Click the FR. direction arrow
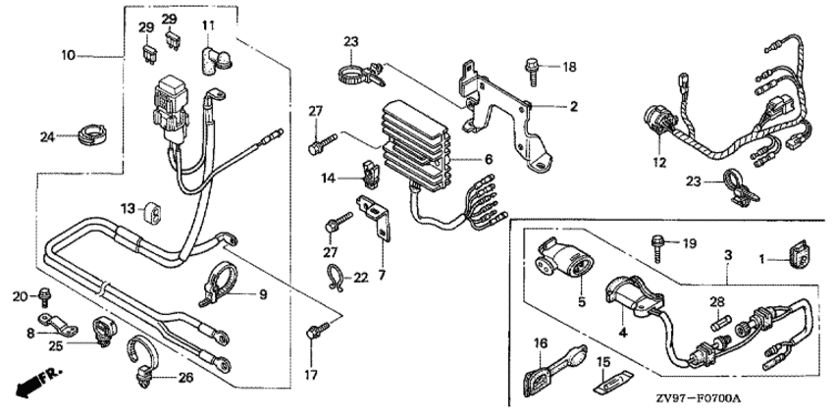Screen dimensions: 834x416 coord(37,382)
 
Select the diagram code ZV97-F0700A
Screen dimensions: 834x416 coord(698,398)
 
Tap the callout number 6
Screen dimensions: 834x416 coord(489,159)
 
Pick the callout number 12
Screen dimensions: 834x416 coord(659,163)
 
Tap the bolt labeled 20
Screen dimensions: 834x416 coord(43,298)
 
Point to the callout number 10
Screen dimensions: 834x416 coord(69,55)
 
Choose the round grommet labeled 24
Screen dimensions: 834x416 coord(92,133)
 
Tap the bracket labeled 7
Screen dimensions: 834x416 coord(377,218)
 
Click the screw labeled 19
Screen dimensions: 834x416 coord(657,248)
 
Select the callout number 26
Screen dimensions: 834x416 coord(185,379)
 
